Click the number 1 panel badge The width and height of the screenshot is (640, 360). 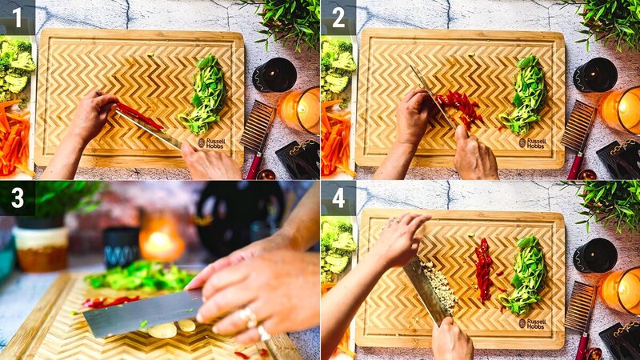tap(17, 17)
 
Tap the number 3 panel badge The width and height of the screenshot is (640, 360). tap(17, 198)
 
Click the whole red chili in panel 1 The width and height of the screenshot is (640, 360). tap(140, 115)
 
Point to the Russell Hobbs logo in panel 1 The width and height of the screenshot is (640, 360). tap(212, 142)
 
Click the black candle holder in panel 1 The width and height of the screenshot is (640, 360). tap(274, 75)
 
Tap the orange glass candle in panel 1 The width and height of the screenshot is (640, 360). tap(301, 110)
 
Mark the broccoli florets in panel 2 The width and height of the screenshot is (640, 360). tap(335, 68)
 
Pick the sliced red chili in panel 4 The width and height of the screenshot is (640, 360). tap(483, 268)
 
